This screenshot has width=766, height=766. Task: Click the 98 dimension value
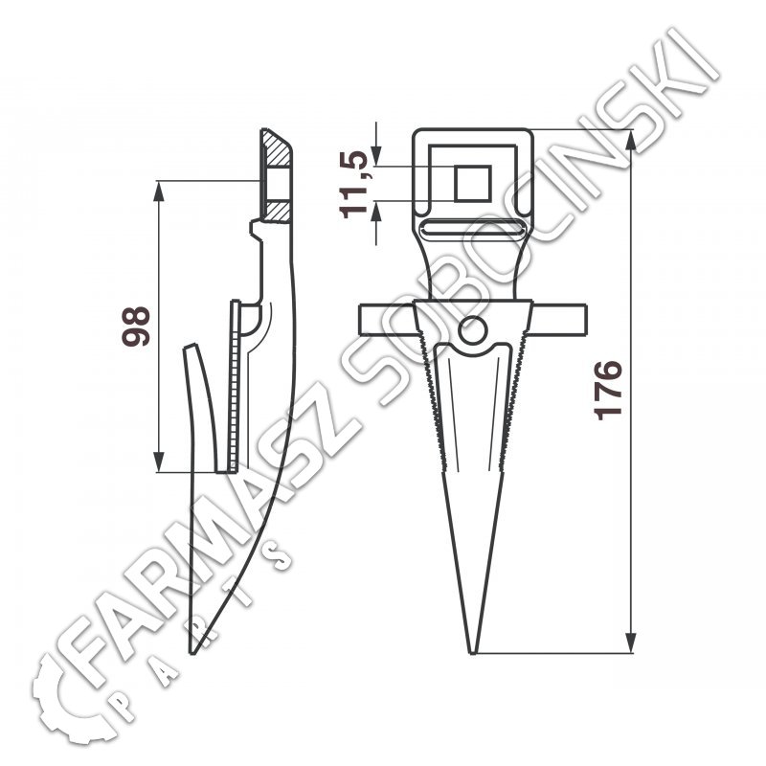coord(136,327)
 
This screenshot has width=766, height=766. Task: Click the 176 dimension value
coord(608,391)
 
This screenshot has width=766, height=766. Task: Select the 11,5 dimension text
coord(353,184)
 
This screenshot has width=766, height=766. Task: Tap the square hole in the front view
coord(472,184)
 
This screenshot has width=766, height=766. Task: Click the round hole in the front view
coord(472,330)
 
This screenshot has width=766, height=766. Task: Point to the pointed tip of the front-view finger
coord(472,653)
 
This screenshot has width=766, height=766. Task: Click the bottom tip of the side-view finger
coord(192,653)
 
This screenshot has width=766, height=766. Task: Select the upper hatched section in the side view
coord(277,148)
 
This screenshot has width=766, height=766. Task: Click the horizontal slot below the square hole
coord(472,228)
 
